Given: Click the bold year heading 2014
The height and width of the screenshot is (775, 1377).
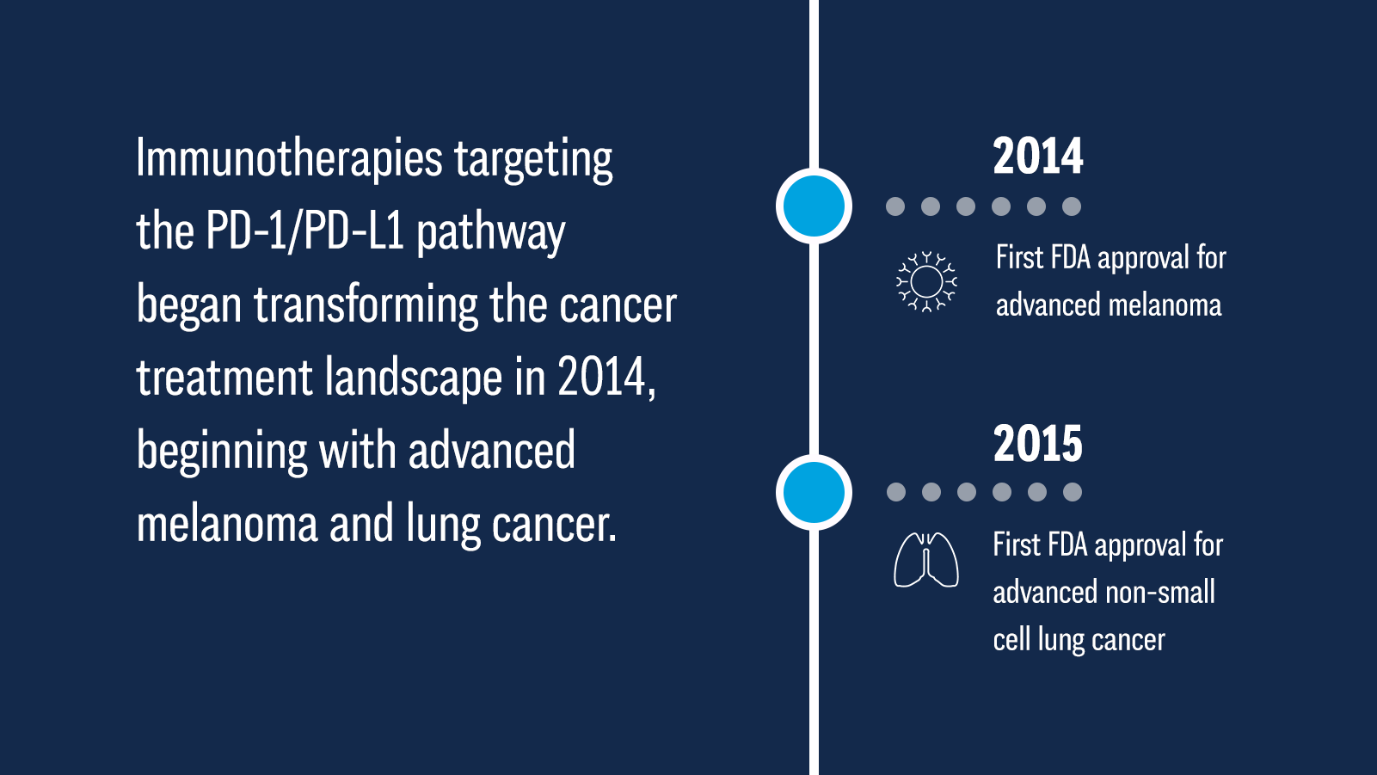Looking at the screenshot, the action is coord(1037,156).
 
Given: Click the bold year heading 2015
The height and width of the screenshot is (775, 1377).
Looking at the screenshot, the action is coord(1037,443).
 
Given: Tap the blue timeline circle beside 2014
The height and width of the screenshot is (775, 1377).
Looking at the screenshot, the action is coord(814,206).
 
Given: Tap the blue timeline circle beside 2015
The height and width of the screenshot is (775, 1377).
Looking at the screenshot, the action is coord(814,492).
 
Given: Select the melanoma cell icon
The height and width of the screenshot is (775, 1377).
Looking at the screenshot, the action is coord(926,282).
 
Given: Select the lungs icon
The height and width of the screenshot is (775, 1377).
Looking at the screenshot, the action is coord(926,560).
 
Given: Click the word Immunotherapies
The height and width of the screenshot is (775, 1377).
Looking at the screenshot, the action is coord(290,159).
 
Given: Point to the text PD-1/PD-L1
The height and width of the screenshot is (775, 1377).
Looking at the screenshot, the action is coord(305,231).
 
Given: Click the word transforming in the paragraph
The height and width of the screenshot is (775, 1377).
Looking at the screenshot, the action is coord(366,305).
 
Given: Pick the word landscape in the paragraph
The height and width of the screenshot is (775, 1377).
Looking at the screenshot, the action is coord(413,377).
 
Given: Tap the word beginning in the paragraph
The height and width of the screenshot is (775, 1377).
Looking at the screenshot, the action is coord(222,452).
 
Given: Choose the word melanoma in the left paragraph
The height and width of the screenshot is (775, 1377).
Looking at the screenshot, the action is coord(227,523).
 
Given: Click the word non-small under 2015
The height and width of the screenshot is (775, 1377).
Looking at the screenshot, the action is coord(1160,593).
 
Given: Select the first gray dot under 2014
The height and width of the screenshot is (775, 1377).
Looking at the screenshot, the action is coord(895,206).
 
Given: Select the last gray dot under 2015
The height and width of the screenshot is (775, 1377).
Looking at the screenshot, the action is coord(1072,492).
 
